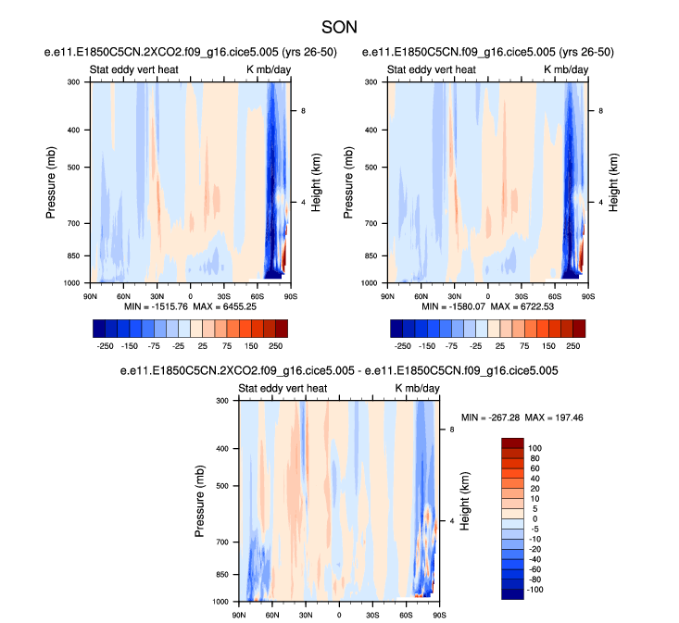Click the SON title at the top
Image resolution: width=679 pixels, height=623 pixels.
point(339,30)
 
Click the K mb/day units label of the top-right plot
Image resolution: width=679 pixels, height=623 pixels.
point(560,69)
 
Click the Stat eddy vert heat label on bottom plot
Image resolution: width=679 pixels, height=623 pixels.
point(283,388)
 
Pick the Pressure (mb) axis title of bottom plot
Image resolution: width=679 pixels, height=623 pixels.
point(201,501)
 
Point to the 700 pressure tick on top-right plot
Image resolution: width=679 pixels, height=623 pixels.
point(372,223)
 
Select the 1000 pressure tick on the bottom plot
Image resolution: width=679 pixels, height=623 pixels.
point(220,602)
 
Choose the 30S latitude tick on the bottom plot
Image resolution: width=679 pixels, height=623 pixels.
point(372,612)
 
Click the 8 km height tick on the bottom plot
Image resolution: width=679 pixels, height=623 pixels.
point(451,430)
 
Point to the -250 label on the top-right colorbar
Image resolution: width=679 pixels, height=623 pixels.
point(401,343)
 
